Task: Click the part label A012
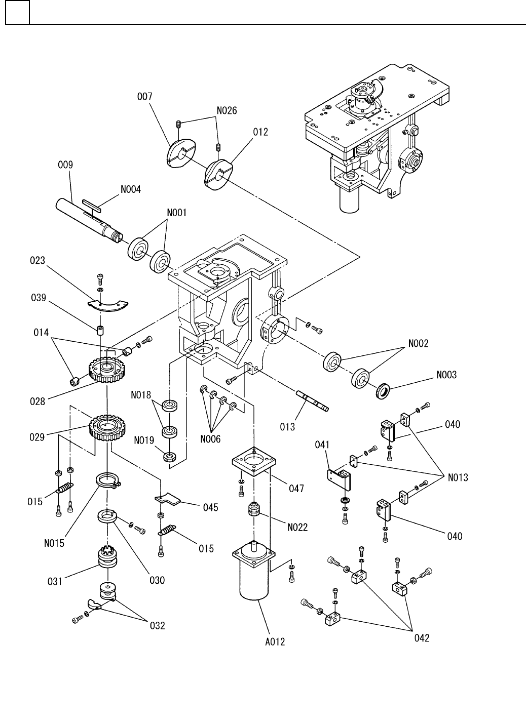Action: pos(275,641)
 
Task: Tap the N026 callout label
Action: pos(227,110)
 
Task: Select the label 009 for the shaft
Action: pos(65,165)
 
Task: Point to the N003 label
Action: pos(446,375)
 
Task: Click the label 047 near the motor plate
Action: pos(296,488)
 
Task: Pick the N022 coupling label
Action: pos(297,527)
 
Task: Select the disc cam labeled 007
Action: pos(181,151)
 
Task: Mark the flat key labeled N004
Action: pos(92,205)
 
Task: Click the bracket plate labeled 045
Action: pos(168,499)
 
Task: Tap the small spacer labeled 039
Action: pos(100,332)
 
